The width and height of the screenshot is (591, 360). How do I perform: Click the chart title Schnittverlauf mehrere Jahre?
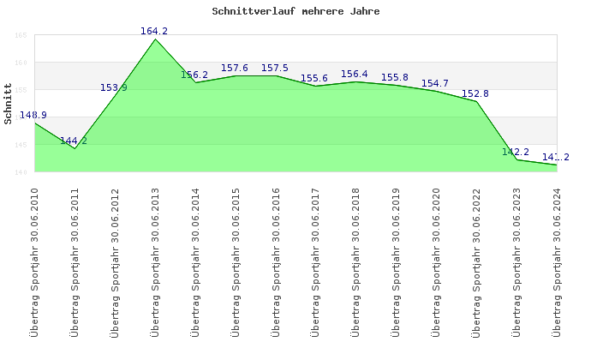pos(295,12)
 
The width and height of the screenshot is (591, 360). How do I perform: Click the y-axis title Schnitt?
pos(9,104)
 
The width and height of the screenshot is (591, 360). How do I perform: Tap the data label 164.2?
pos(154,32)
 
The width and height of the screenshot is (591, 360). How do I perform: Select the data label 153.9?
pos(114,87)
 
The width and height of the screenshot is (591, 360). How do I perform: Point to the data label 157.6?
pos(235,69)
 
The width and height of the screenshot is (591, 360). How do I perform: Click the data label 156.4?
pos(355,75)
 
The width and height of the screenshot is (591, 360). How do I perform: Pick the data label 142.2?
pos(516,153)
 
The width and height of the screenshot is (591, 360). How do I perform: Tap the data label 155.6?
pos(314,79)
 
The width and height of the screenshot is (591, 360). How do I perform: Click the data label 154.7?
pos(435,84)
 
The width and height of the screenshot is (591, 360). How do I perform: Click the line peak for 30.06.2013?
pos(155,39)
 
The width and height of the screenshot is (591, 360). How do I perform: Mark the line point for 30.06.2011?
pos(75,149)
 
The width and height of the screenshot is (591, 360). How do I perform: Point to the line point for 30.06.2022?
pos(477,101)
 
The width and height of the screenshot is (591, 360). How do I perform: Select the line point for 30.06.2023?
pos(517,159)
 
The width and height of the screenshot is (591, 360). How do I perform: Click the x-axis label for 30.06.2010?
pos(35,261)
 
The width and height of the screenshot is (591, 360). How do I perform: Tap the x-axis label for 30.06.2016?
pos(276,261)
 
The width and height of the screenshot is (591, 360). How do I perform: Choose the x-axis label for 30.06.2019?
pos(397,261)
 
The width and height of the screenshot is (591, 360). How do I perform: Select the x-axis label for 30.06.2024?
pos(558,261)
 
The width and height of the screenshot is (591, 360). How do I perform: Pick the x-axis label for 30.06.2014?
pos(195,261)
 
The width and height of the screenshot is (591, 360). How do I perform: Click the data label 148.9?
pos(33,116)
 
